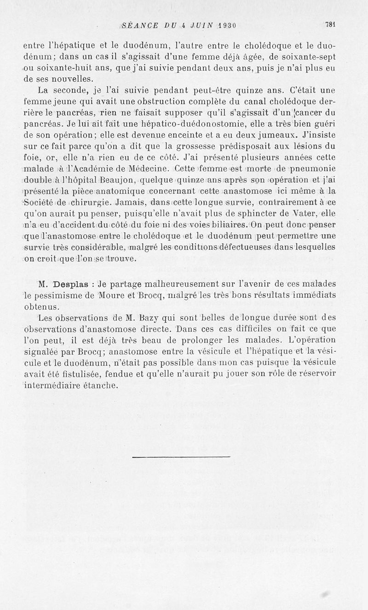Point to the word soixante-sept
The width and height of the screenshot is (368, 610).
pyautogui.click(x=311, y=57)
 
